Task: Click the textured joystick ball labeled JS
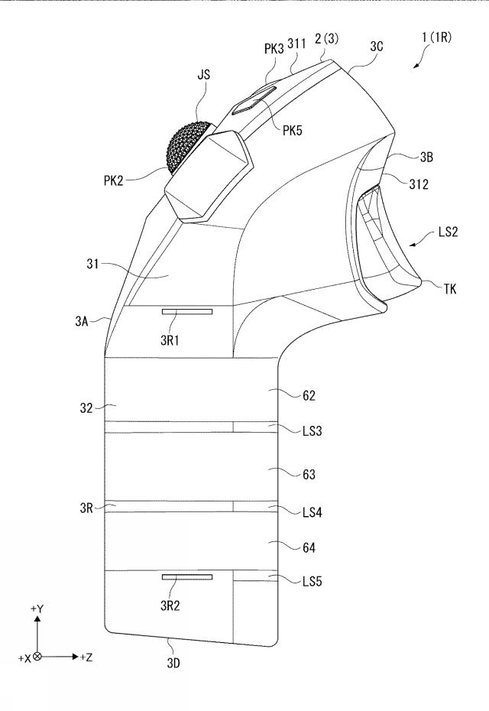pos(186,147)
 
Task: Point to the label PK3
pos(274,48)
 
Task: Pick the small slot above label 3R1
pos(187,311)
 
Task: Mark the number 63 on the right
pos(308,474)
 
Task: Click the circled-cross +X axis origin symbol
pos(37,657)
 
